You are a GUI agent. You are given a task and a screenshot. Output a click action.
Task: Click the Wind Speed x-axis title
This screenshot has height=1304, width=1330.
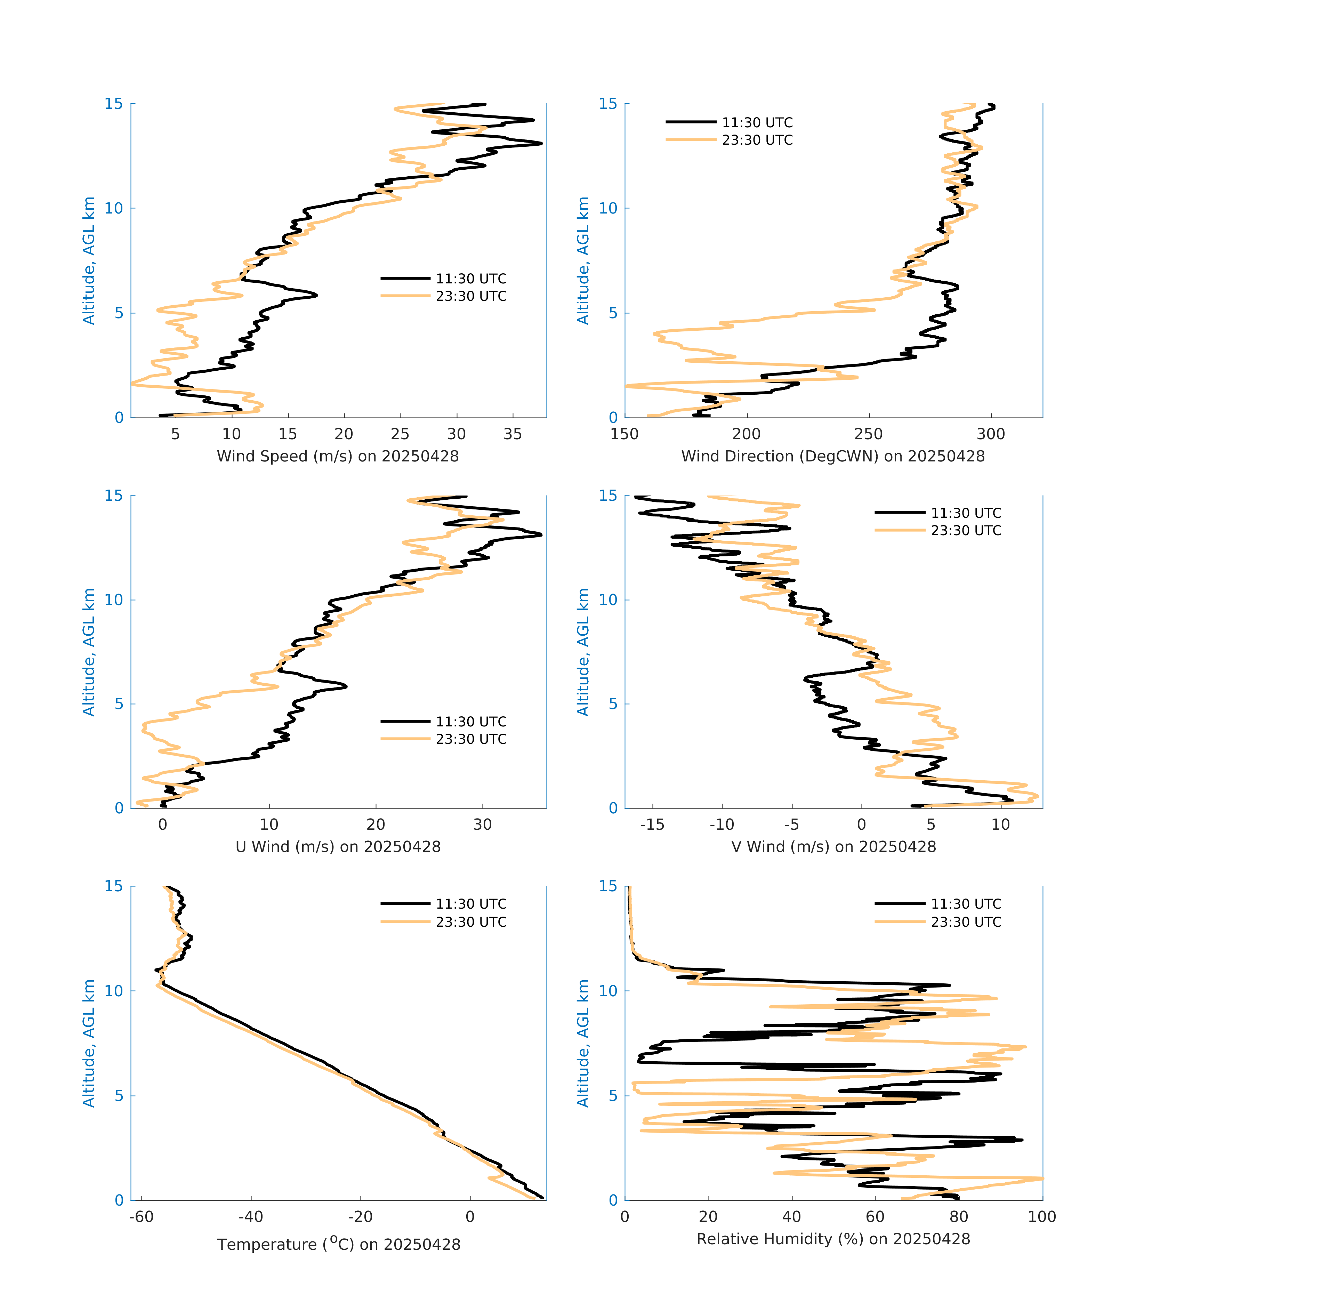(338, 456)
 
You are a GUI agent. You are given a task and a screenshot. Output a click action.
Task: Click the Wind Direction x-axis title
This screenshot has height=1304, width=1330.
(833, 456)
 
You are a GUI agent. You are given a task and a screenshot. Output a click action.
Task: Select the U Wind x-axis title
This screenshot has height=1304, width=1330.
(338, 846)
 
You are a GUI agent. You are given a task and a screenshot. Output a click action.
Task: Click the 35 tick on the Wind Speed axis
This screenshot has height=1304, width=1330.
(512, 434)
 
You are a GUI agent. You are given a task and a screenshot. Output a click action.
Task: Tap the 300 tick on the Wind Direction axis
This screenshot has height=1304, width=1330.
(990, 434)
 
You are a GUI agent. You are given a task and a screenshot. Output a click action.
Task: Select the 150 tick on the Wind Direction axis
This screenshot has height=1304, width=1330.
(624, 434)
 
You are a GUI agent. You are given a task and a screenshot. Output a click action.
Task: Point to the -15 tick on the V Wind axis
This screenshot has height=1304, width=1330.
(652, 824)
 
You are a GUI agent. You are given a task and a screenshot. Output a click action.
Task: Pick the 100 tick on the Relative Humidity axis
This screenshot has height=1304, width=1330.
(1042, 1217)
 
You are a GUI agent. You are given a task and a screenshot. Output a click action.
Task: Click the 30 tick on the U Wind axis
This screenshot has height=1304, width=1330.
(482, 824)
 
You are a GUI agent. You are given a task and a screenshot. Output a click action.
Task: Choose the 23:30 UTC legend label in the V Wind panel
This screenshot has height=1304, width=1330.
(966, 531)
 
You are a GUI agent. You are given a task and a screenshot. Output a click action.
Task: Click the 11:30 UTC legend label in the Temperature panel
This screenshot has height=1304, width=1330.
(471, 904)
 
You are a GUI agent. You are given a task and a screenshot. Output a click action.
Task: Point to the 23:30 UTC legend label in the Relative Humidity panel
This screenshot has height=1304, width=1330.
(966, 922)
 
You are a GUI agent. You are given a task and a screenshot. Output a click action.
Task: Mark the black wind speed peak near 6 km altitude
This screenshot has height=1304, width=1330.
(316, 295)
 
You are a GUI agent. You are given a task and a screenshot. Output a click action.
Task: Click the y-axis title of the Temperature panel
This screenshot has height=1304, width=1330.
(89, 1043)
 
